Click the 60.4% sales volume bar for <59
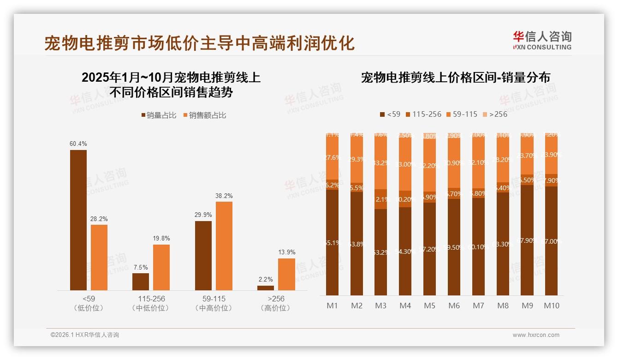[78, 220]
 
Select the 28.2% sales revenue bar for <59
[99, 257]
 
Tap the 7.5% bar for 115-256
[141, 282]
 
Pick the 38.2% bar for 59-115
[224, 246]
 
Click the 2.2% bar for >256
[265, 288]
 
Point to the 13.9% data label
[286, 252]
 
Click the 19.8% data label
[161, 239]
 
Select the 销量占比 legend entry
[158, 115]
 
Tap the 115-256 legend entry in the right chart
[422, 114]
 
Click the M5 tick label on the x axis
[429, 306]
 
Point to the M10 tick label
[551, 306]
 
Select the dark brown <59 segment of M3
[380, 252]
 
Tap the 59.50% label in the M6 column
[454, 247]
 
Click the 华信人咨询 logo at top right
[542, 40]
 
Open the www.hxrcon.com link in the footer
[535, 335]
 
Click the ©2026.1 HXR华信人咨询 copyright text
[84, 335]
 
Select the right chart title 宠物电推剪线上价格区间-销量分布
[455, 78]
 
